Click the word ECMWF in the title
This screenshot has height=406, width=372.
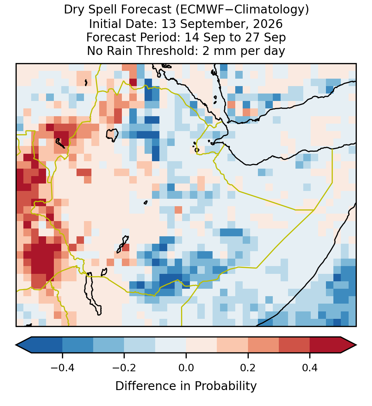pos(197,10)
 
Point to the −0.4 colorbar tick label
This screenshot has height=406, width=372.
pos(62,368)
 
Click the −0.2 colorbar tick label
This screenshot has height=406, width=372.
pos(124,368)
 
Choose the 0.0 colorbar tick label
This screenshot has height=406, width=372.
pos(186,368)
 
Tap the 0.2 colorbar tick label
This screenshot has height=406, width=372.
pos(248,368)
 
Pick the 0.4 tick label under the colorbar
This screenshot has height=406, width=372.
pos(310,368)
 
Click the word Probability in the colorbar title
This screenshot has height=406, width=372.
pos(226,386)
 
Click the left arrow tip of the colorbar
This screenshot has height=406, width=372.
pos(16,345)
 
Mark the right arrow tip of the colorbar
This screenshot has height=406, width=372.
pos(356,345)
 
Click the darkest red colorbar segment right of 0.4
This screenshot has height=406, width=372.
pos(325,345)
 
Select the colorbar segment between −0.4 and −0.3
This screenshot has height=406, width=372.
pos(78,345)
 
